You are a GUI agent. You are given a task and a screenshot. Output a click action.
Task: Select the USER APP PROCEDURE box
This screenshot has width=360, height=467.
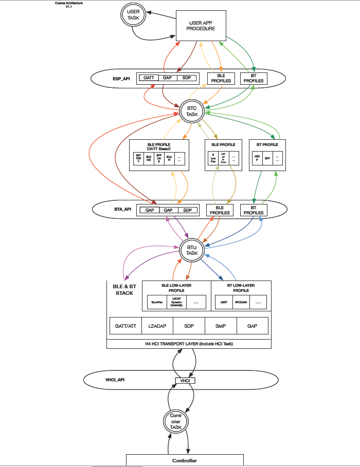click(x=201, y=26)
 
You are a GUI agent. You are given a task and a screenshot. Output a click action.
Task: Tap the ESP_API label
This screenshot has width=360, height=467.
click(x=121, y=79)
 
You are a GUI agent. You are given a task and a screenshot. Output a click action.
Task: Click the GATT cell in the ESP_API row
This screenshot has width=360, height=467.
click(x=149, y=78)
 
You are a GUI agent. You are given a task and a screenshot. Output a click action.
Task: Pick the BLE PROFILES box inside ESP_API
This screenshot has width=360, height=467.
click(x=221, y=78)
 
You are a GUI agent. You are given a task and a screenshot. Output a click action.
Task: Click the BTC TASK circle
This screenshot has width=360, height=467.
click(x=192, y=111)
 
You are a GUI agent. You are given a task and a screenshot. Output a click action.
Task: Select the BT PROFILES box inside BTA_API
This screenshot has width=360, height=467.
click(x=253, y=210)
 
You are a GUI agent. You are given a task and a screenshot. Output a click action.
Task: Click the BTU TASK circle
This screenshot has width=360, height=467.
click(x=192, y=250)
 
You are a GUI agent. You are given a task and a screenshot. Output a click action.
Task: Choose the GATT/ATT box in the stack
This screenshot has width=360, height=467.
click(x=125, y=326)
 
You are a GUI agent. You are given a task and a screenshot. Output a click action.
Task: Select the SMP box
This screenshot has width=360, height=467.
click(x=221, y=326)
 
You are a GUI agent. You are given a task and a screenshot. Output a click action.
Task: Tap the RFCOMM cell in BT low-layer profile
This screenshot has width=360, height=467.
click(x=241, y=302)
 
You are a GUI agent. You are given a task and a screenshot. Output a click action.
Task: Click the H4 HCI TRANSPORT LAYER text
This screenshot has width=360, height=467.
click(x=189, y=344)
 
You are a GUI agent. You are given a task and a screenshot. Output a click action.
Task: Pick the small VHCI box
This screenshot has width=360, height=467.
click(x=185, y=381)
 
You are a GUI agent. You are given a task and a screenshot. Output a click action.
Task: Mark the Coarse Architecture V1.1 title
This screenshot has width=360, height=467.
click(x=69, y=5)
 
